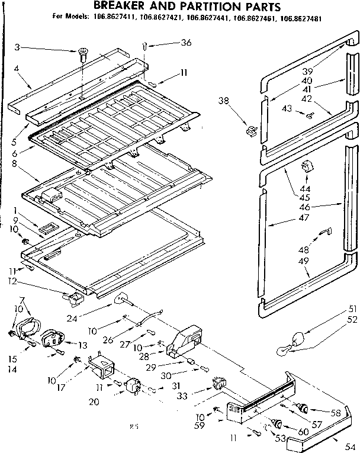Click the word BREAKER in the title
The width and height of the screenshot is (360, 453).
coord(121,7)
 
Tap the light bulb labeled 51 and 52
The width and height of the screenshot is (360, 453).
coord(290,343)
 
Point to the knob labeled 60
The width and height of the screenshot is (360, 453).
coord(276,423)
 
